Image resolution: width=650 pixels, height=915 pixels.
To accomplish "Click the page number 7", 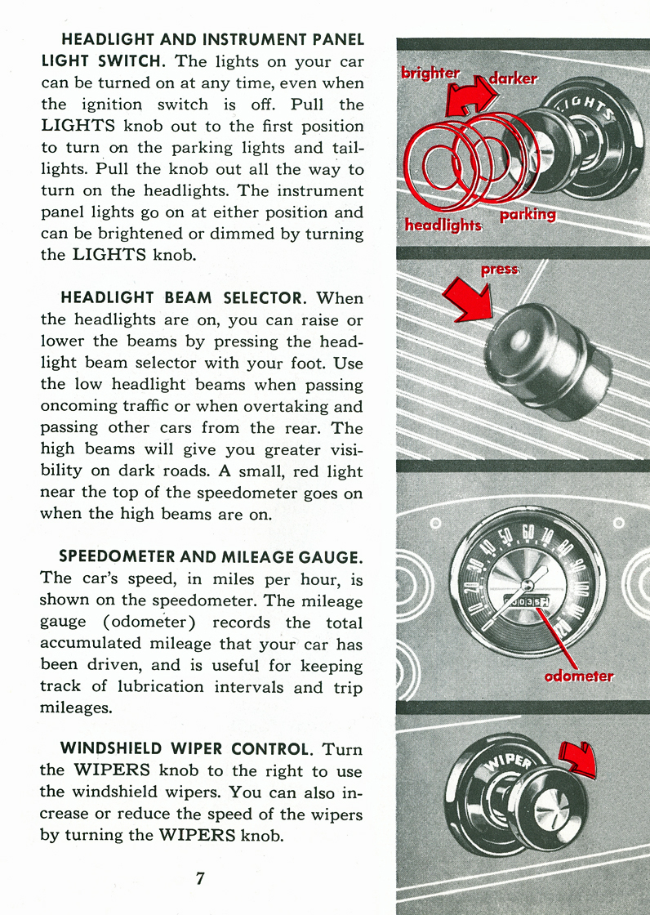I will [200, 878].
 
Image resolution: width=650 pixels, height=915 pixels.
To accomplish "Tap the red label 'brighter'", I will [430, 74].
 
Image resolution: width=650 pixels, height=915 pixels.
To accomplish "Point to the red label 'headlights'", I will [443, 224].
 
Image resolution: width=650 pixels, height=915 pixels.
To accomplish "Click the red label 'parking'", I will [528, 214].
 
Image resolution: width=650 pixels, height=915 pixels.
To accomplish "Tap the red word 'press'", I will [499, 269].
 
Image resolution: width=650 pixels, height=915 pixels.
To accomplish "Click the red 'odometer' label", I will [578, 676].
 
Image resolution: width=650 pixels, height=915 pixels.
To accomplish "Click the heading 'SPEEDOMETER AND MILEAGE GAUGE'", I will [211, 557].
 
